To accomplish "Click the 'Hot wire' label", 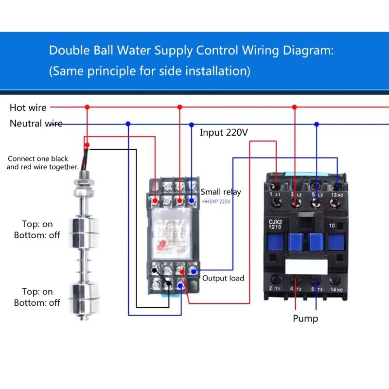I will point(28,107).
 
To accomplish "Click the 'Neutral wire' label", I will point(36,124).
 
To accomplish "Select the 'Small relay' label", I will point(221,192).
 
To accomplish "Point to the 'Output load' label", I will point(223,278).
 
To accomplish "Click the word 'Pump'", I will point(305,318).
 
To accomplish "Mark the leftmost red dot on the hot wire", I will point(87,106).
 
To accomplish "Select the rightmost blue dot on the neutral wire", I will point(317,124).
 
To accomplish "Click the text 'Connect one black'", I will point(38,159).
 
